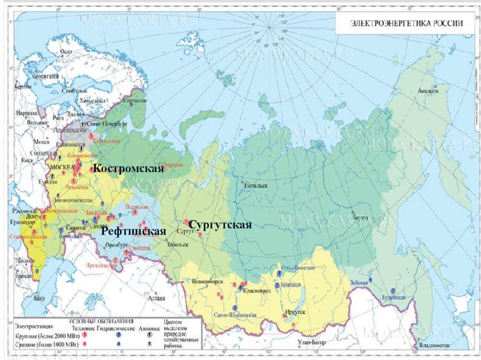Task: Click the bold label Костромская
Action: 128,169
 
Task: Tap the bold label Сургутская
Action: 221,225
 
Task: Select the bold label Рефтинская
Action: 134,231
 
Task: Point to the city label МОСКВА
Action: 63,168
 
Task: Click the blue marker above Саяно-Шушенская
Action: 234,308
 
